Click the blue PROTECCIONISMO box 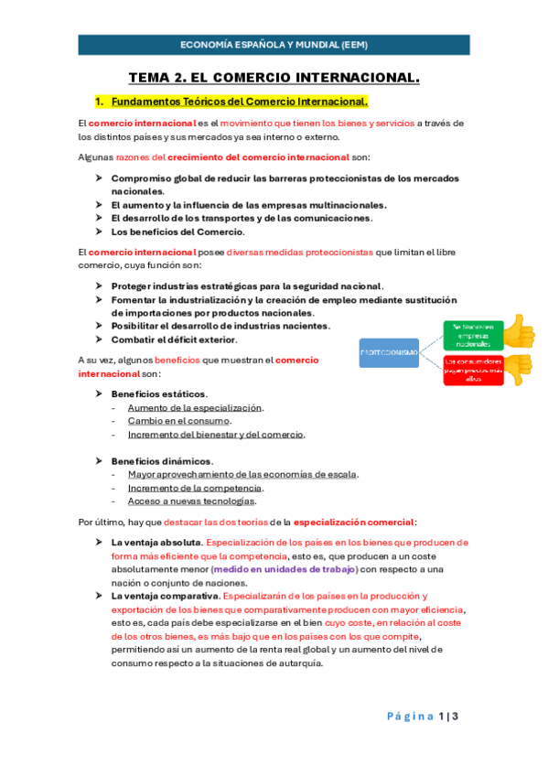390,353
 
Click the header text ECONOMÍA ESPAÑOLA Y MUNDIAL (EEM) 274,45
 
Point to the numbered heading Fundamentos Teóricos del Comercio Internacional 241,102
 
